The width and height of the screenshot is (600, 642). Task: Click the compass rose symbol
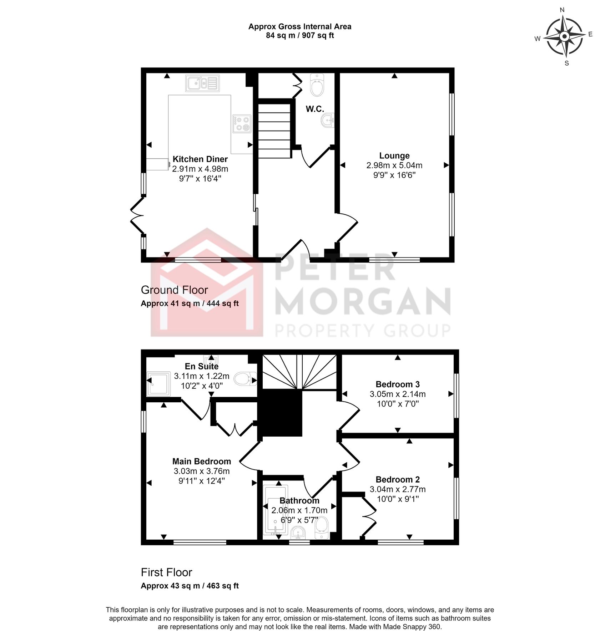coord(564,37)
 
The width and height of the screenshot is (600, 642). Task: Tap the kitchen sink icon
coord(202,83)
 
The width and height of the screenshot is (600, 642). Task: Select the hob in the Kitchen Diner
coord(242,123)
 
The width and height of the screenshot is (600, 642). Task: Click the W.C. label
coord(314,109)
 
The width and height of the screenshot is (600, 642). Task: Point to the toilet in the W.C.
coord(317,85)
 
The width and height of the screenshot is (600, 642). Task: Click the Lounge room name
coord(394,156)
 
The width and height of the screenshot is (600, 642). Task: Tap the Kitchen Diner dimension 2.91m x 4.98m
coord(200,169)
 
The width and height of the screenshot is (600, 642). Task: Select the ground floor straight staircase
coord(274,131)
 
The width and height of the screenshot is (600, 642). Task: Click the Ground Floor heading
coord(174,290)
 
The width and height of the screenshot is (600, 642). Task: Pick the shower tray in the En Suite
coord(158,384)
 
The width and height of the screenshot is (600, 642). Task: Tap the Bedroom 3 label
coord(397,384)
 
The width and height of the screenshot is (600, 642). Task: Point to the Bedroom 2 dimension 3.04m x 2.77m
coord(397,489)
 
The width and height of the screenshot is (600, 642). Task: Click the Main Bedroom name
coord(201,461)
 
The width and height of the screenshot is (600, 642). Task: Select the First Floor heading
coord(166,572)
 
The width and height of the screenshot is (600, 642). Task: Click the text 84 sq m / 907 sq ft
coord(299,35)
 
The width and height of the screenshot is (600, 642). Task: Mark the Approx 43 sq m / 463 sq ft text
coord(190,586)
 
